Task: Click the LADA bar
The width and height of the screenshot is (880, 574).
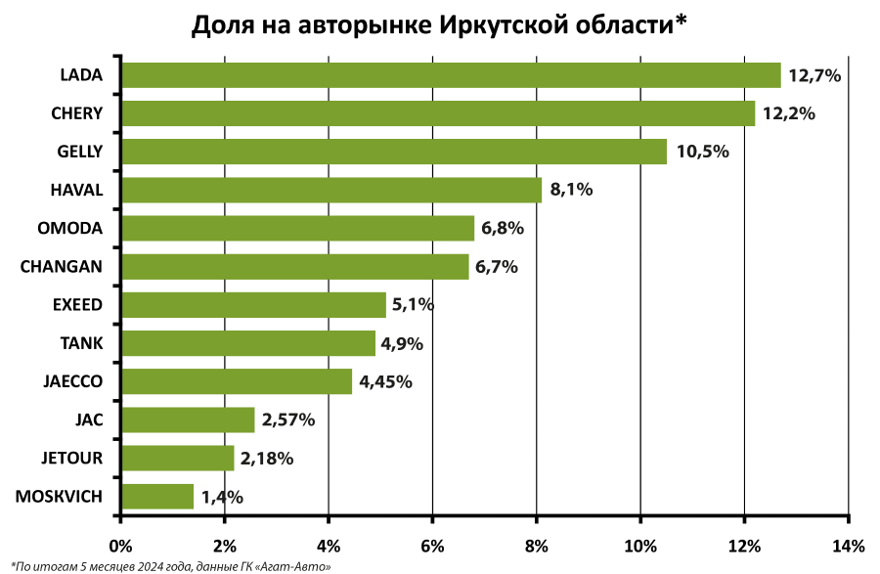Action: [450, 75]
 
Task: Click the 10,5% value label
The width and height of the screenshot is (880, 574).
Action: [702, 152]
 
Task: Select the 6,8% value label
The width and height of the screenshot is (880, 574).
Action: [504, 228]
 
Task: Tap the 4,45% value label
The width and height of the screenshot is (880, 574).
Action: [386, 381]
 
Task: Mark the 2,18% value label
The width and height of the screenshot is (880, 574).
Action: [267, 459]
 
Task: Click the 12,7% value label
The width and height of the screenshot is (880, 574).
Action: [815, 75]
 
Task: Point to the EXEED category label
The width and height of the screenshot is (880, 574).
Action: [77, 305]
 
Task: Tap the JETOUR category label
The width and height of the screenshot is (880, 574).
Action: [72, 458]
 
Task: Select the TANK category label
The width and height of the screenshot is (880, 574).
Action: [81, 343]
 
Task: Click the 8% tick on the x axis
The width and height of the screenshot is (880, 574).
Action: [536, 545]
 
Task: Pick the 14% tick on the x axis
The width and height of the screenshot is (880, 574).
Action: [848, 545]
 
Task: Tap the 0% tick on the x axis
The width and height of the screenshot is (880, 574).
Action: [120, 545]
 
